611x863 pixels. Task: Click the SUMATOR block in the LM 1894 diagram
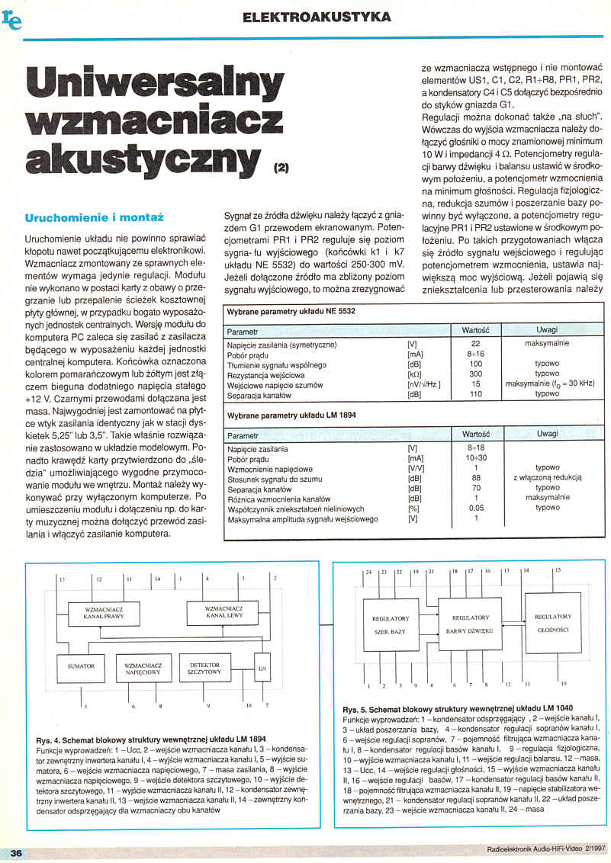(x=81, y=667)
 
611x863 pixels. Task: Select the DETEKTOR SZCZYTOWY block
(x=204, y=669)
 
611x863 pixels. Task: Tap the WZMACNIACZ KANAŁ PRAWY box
(x=103, y=611)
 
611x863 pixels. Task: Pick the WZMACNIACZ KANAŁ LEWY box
(x=224, y=611)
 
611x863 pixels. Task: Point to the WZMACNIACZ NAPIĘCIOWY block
(x=142, y=669)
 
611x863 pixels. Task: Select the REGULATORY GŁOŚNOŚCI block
(x=552, y=623)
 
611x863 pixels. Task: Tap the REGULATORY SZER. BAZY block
(x=391, y=625)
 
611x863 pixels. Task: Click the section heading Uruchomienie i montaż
(x=95, y=218)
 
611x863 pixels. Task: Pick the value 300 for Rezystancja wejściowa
(x=476, y=374)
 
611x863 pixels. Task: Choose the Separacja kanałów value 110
(x=476, y=395)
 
